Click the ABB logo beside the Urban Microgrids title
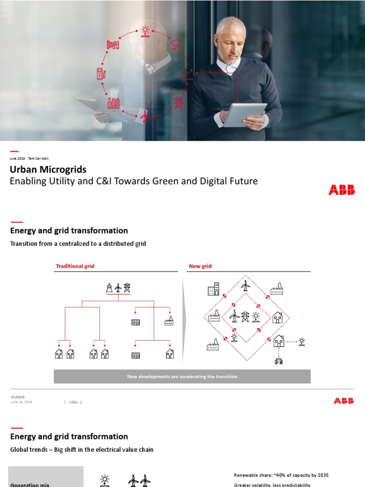point(341,190)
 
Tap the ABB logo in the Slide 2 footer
point(343,401)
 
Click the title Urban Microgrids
point(48,169)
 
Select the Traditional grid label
point(75,266)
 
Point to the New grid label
point(201,266)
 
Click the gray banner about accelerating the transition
point(182,377)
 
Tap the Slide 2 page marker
point(76,402)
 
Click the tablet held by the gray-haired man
point(244,114)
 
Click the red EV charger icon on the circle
point(101,73)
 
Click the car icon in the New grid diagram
point(279,361)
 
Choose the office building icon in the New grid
point(213,289)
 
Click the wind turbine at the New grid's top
point(245,285)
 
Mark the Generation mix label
point(30,484)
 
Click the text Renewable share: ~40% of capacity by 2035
point(281,475)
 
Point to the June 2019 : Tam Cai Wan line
point(29,158)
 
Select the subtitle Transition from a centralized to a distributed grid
point(78,243)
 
